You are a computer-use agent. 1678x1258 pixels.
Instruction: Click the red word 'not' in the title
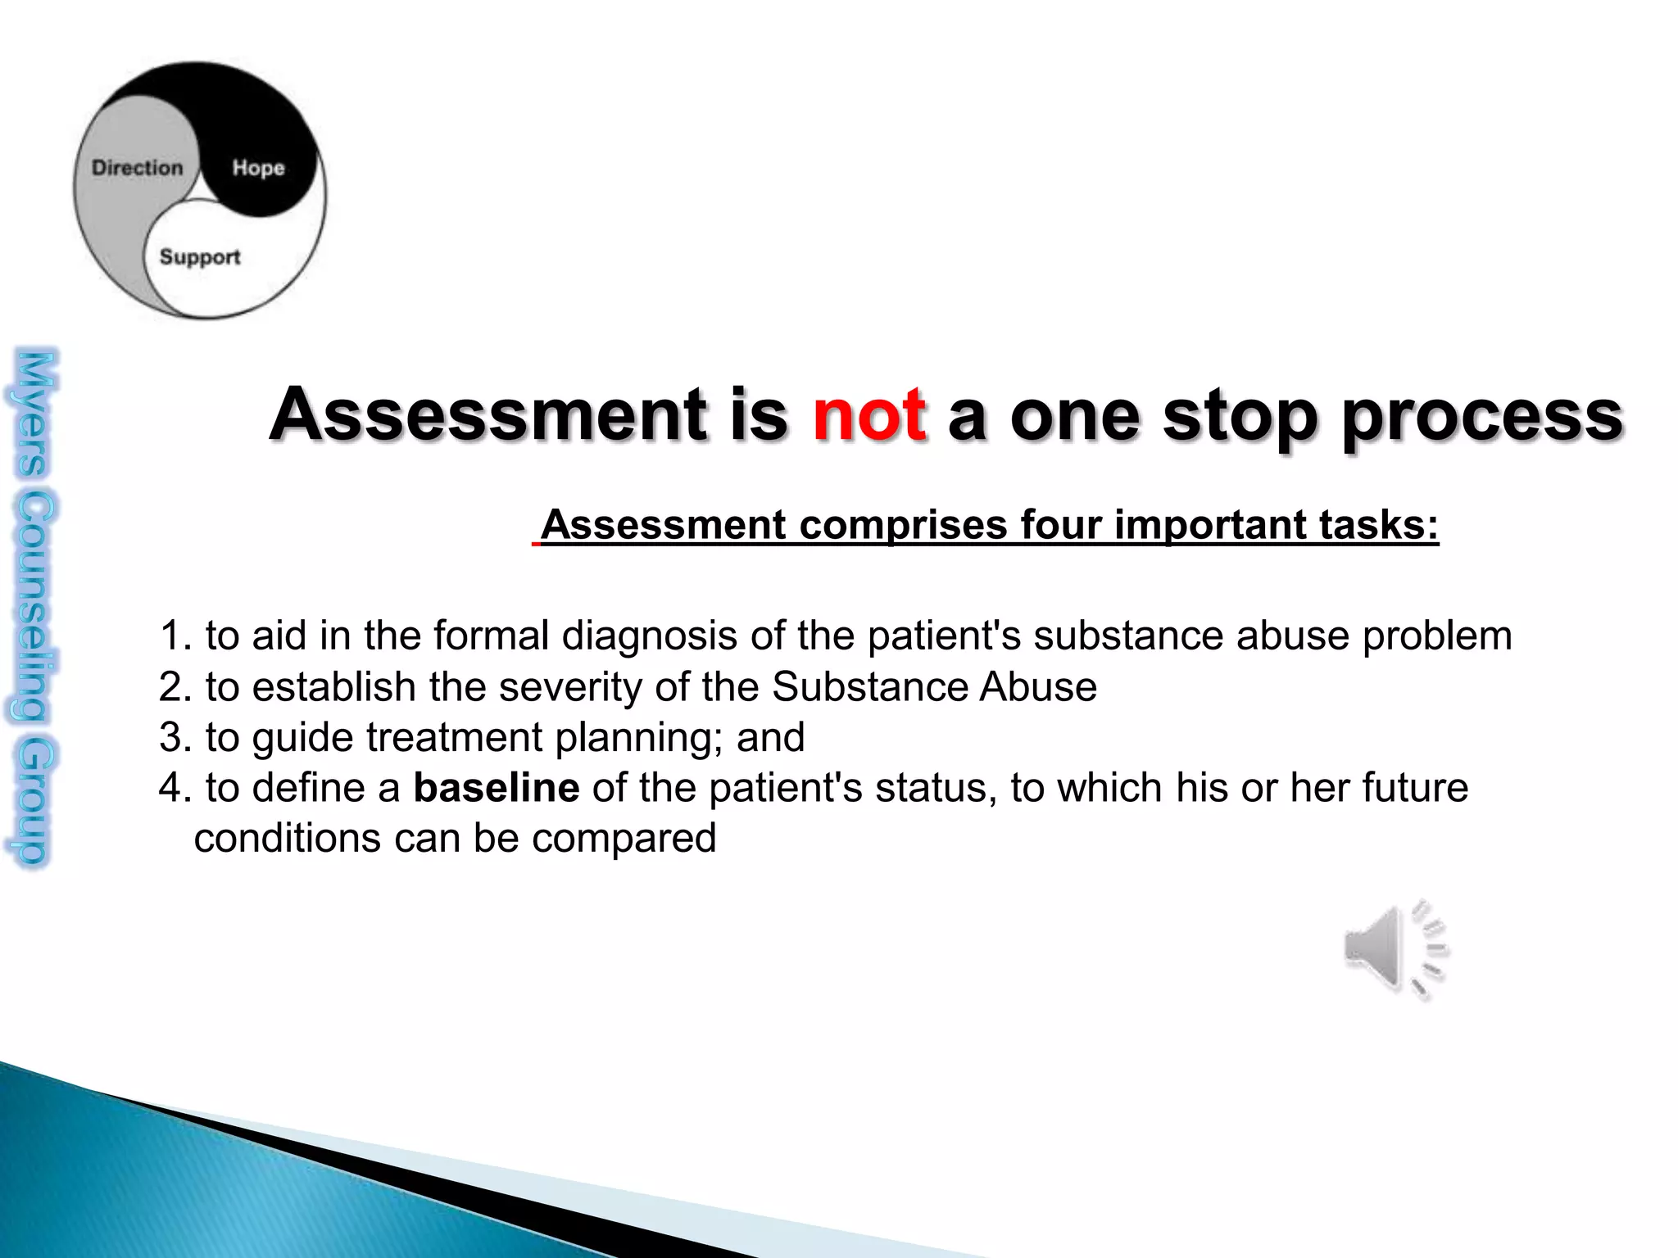[x=869, y=414]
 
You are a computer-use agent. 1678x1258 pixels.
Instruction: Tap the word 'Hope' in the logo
[x=258, y=168]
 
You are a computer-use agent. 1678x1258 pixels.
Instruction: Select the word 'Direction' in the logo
[x=137, y=168]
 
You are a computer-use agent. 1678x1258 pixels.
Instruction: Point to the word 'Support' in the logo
[x=200, y=257]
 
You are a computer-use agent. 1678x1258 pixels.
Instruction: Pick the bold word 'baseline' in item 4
[x=497, y=788]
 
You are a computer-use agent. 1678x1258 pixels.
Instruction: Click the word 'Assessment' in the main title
[x=488, y=414]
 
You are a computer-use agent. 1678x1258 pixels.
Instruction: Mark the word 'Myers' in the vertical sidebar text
[x=34, y=414]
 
